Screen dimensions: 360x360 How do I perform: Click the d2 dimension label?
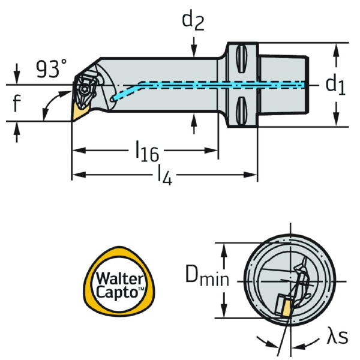tap(193, 22)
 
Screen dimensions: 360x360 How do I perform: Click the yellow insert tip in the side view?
tap(80, 111)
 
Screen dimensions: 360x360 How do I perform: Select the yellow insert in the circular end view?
tap(284, 308)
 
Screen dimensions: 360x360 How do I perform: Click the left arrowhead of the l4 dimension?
tap(76, 175)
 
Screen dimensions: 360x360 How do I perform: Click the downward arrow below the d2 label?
tap(193, 47)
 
